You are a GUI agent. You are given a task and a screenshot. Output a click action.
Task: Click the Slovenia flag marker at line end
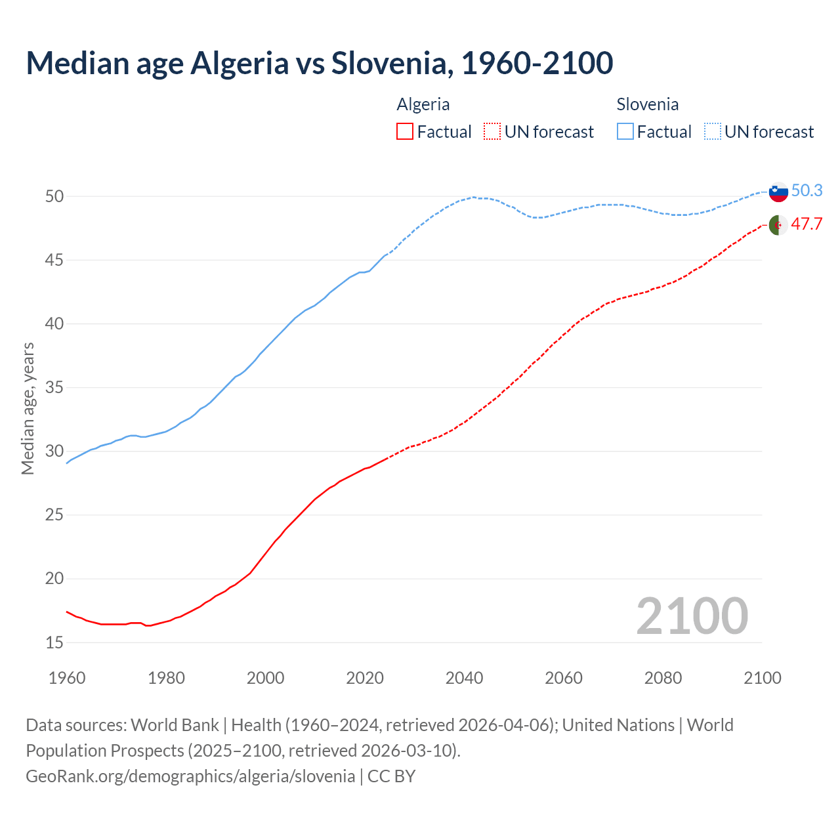point(778,192)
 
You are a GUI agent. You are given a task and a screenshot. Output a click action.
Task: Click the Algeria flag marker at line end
point(778,224)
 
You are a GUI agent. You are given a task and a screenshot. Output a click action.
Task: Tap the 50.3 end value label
point(807,190)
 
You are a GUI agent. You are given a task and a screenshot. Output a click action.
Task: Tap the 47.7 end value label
point(807,224)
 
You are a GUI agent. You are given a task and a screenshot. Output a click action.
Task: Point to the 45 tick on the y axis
point(54,260)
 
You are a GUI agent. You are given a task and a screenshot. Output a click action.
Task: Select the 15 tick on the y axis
point(54,642)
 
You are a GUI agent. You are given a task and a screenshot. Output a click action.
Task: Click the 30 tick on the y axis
point(54,451)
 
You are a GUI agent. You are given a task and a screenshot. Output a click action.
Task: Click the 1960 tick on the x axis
point(67,678)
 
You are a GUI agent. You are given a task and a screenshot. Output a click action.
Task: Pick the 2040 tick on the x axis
point(464,678)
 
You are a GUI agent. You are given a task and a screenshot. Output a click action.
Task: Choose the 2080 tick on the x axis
point(663,678)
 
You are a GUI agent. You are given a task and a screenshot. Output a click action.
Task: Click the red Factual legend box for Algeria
point(405,132)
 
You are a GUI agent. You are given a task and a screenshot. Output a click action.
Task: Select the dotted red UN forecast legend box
point(492,132)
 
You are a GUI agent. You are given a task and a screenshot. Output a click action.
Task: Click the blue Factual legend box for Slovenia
point(625,132)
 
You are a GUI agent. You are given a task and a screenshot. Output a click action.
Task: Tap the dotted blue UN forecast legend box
point(712,132)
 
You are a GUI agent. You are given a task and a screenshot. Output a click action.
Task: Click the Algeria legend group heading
point(423,104)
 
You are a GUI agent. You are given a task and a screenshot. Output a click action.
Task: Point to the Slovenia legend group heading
point(647,104)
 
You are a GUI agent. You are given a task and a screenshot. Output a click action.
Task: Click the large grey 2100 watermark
point(692,616)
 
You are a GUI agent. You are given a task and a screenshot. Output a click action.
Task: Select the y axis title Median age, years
point(28,408)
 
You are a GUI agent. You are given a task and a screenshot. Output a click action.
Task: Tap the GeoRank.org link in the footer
point(190,776)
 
